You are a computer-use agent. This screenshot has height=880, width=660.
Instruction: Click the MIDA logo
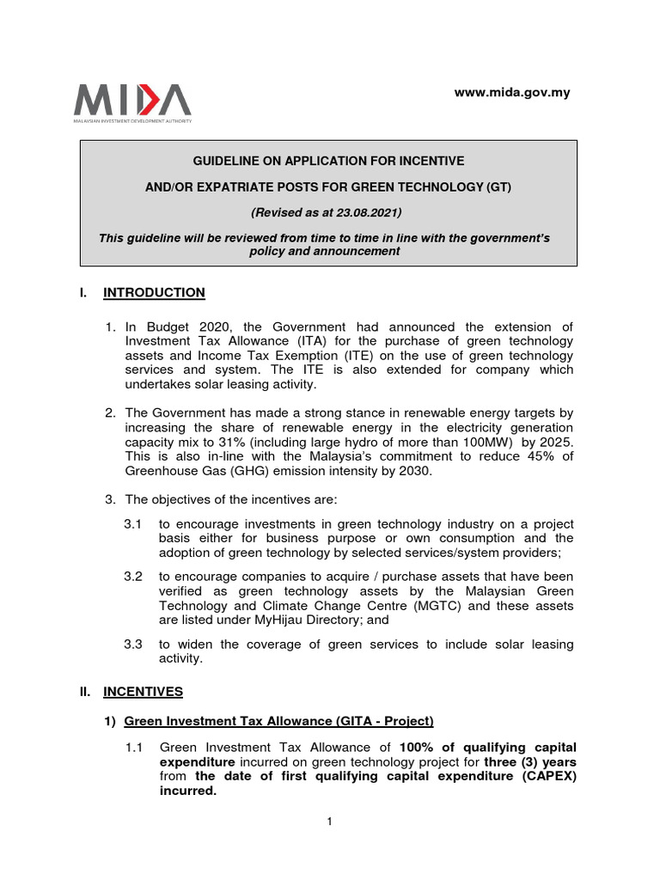(x=132, y=102)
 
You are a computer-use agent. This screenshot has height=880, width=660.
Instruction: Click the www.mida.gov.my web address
(x=512, y=93)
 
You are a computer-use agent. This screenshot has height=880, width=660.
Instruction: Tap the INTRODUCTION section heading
(x=154, y=293)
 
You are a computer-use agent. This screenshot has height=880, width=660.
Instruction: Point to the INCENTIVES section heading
(x=143, y=690)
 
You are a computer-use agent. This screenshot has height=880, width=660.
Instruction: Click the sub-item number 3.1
(x=133, y=524)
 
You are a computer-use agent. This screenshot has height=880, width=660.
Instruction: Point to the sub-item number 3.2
(x=133, y=576)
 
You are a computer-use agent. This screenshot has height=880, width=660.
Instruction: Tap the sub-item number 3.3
(x=133, y=645)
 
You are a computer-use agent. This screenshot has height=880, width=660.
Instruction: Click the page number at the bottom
(x=329, y=822)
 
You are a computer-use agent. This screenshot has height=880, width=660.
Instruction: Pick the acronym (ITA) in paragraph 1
(x=267, y=342)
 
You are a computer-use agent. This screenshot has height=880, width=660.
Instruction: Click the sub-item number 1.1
(x=135, y=747)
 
